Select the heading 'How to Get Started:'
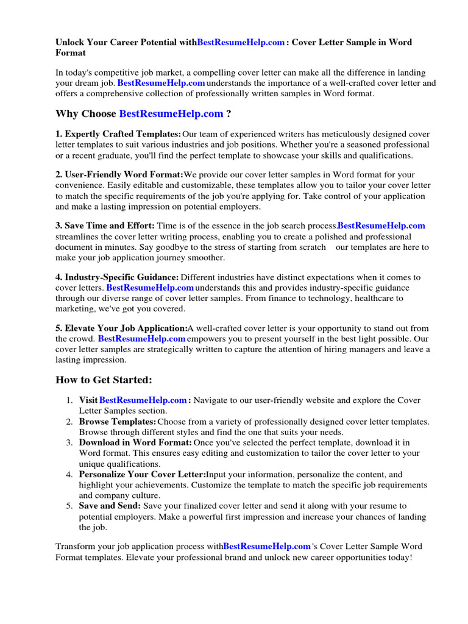coord(104,380)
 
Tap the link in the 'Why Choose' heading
coord(171,113)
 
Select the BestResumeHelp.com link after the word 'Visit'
coord(143,400)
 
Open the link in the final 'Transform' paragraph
coord(267,546)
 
